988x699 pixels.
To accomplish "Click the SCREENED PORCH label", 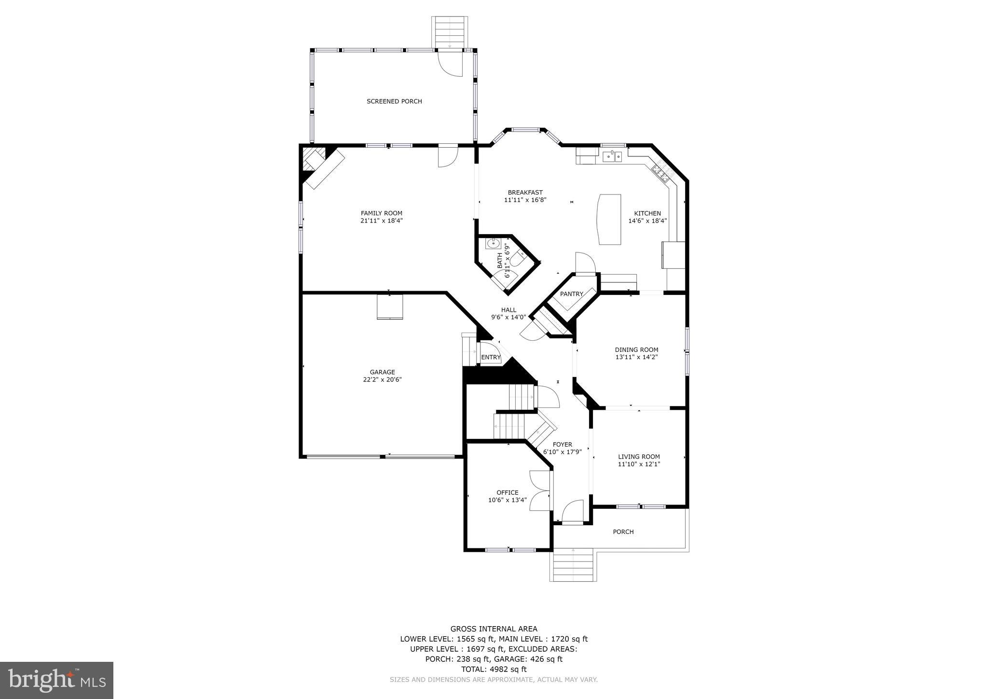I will coord(394,101).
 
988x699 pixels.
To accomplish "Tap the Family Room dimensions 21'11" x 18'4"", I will coord(382,221).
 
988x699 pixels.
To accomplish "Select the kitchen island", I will coord(609,219).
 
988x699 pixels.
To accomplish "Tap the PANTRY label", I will coord(572,294).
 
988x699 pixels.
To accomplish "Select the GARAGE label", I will coord(383,372).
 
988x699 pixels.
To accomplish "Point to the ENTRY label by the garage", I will coord(491,358).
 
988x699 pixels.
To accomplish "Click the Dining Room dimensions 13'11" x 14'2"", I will coord(636,357).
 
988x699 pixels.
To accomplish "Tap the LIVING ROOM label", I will coord(639,457).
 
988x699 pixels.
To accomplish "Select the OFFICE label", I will coord(508,493).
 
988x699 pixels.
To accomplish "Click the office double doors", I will coord(540,490).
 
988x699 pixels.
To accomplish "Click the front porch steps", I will coord(573,567).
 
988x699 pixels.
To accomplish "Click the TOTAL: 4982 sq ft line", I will coord(494,669).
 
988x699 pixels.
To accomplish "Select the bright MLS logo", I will coord(56,681).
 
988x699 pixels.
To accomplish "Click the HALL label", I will coord(508,310).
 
